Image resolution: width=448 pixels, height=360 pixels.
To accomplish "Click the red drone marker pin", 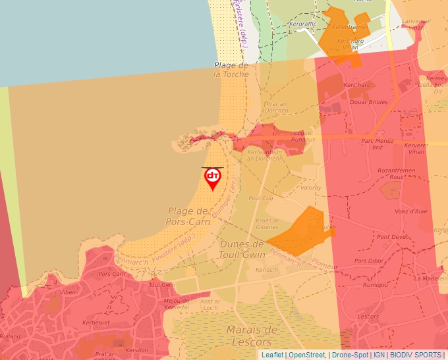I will point(212,178).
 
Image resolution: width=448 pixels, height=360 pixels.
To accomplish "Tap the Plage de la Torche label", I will point(231,70).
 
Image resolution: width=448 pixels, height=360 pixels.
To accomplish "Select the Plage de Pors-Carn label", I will point(188,217).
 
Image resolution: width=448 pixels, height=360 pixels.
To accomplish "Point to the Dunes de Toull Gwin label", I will point(241,249).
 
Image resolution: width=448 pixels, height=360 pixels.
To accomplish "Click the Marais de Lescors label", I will point(252,336).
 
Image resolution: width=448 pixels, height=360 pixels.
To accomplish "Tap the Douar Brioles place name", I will point(368,102).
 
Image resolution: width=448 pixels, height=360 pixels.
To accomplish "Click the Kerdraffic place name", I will point(302,24).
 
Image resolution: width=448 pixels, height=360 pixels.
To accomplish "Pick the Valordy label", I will point(310,188).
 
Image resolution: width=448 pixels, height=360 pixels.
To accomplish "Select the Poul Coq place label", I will point(260,198).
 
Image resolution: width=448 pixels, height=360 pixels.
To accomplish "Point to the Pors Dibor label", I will point(368,261).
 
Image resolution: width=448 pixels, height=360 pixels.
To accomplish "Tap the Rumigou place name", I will point(375,285).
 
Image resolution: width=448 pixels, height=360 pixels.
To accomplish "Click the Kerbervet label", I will point(96,323).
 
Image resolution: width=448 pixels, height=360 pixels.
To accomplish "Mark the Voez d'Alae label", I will point(410,211).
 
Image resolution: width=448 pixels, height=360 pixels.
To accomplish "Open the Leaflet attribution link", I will point(272,355).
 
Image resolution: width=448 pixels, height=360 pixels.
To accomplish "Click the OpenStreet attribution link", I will point(307,355).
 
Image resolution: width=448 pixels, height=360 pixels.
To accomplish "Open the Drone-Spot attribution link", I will point(350,355).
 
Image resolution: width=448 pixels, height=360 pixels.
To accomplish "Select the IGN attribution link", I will point(379,355).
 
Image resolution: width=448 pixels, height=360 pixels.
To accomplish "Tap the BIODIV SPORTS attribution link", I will point(416,355).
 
